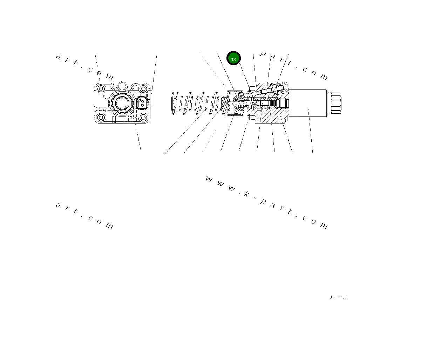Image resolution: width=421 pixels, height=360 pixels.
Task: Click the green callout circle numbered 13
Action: (x=233, y=59)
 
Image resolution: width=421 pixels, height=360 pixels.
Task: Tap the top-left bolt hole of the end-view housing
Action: (x=101, y=89)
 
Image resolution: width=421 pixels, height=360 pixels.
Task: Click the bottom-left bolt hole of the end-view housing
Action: (x=101, y=118)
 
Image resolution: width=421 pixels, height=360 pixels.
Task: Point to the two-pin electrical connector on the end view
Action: (x=143, y=103)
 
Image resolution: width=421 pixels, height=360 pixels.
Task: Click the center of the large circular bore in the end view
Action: (x=121, y=103)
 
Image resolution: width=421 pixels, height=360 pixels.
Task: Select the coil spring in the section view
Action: (x=196, y=103)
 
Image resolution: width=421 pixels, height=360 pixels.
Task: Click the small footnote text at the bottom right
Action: (x=339, y=298)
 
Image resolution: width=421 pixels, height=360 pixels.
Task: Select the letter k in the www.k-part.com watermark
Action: (x=247, y=194)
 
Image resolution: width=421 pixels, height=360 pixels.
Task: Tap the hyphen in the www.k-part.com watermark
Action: (x=255, y=199)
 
